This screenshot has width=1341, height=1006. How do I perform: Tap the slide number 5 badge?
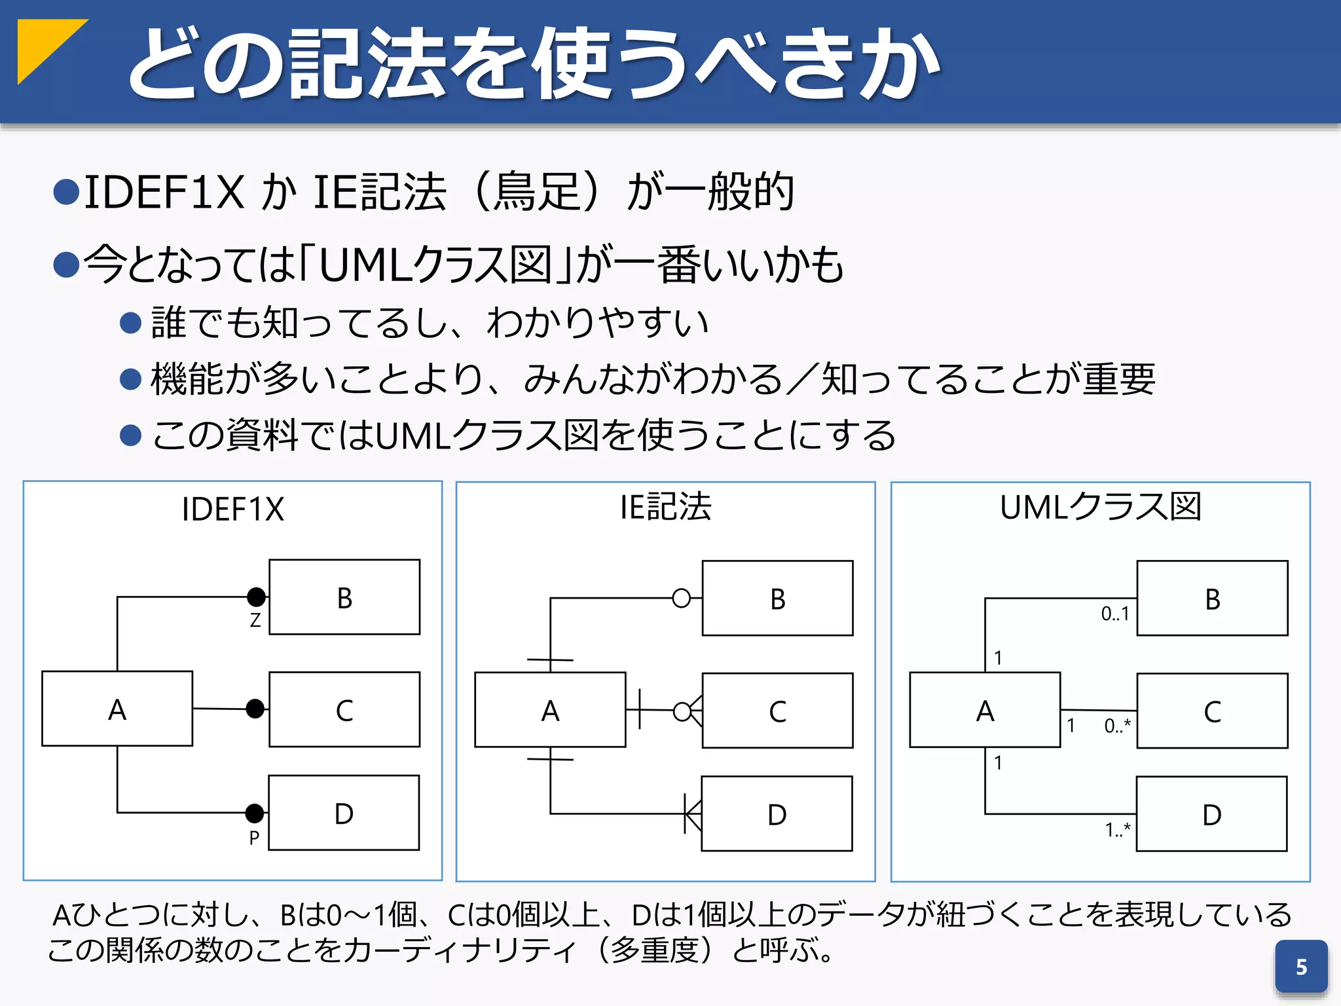coord(1300,967)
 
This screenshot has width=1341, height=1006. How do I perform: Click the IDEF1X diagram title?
coord(232,510)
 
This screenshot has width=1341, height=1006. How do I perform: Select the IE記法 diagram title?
coord(665,507)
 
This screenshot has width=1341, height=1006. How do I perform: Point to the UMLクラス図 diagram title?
coord(1100,507)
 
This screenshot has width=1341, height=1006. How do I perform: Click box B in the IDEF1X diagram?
coord(344,597)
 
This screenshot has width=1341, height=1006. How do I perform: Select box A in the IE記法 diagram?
coord(550,710)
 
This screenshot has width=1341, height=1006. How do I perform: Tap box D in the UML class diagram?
coord(1211,814)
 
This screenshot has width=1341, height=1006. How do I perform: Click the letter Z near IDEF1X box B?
coord(255,620)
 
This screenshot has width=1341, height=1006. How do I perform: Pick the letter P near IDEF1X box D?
coord(254,838)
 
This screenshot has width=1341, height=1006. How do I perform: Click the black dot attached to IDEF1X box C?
coord(255,709)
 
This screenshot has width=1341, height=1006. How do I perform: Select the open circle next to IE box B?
coord(682,598)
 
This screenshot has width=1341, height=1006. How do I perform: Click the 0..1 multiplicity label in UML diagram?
coord(1115,614)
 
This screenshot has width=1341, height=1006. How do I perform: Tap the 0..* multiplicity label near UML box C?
coord(1117,726)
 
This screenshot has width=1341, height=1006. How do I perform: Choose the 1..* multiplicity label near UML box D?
coord(1118,830)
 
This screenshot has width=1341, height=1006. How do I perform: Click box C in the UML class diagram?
coord(1212,711)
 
